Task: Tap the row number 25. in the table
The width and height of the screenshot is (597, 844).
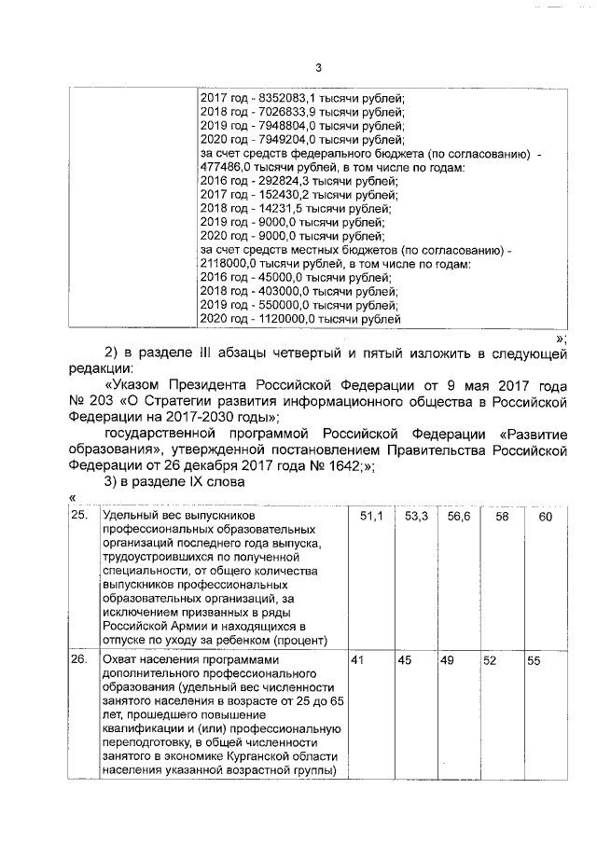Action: (81, 516)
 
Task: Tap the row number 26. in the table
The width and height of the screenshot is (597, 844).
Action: (81, 660)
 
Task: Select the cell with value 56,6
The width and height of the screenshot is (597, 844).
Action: (458, 516)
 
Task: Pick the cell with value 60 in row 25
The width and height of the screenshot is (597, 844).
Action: (547, 516)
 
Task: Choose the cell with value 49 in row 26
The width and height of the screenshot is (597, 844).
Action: (446, 660)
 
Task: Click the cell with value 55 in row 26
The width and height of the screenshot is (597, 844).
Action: (535, 660)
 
